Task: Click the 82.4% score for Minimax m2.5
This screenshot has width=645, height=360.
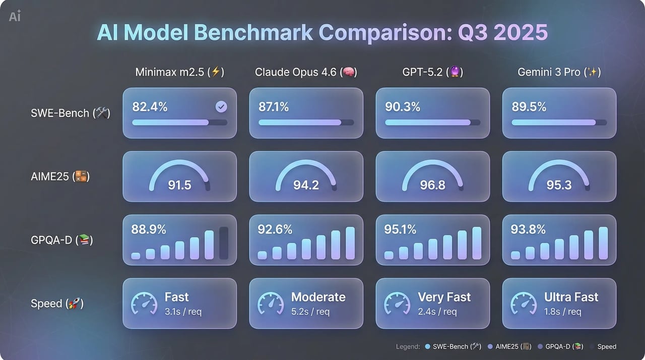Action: click(x=150, y=107)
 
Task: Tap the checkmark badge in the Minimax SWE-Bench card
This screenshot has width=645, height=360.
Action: click(x=221, y=107)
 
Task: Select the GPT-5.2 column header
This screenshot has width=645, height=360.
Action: click(x=432, y=72)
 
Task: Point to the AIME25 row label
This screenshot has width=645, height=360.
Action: click(x=60, y=176)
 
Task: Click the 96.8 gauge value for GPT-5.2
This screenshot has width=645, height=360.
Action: click(x=432, y=185)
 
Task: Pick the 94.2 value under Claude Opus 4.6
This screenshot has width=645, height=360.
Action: click(x=306, y=185)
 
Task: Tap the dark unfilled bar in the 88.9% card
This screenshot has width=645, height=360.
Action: click(x=224, y=243)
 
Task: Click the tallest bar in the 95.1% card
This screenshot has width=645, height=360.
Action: click(x=477, y=243)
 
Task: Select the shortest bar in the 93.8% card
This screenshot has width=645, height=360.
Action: click(x=515, y=255)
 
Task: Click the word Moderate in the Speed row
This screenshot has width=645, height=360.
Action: click(x=318, y=297)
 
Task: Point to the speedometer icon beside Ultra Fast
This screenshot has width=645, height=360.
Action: click(x=524, y=304)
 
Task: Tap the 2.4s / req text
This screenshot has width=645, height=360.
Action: click(x=437, y=312)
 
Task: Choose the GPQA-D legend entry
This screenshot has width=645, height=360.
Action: click(x=560, y=346)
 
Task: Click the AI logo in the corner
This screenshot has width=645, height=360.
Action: click(x=15, y=16)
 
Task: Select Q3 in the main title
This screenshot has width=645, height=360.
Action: click(x=473, y=32)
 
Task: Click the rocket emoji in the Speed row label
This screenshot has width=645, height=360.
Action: click(x=74, y=303)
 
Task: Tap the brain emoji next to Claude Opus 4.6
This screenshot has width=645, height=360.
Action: click(x=348, y=72)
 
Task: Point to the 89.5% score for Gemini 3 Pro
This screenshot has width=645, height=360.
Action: click(x=529, y=107)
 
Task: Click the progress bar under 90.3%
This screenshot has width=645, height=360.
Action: click(x=432, y=123)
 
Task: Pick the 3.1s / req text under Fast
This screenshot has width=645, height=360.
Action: click(x=183, y=312)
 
